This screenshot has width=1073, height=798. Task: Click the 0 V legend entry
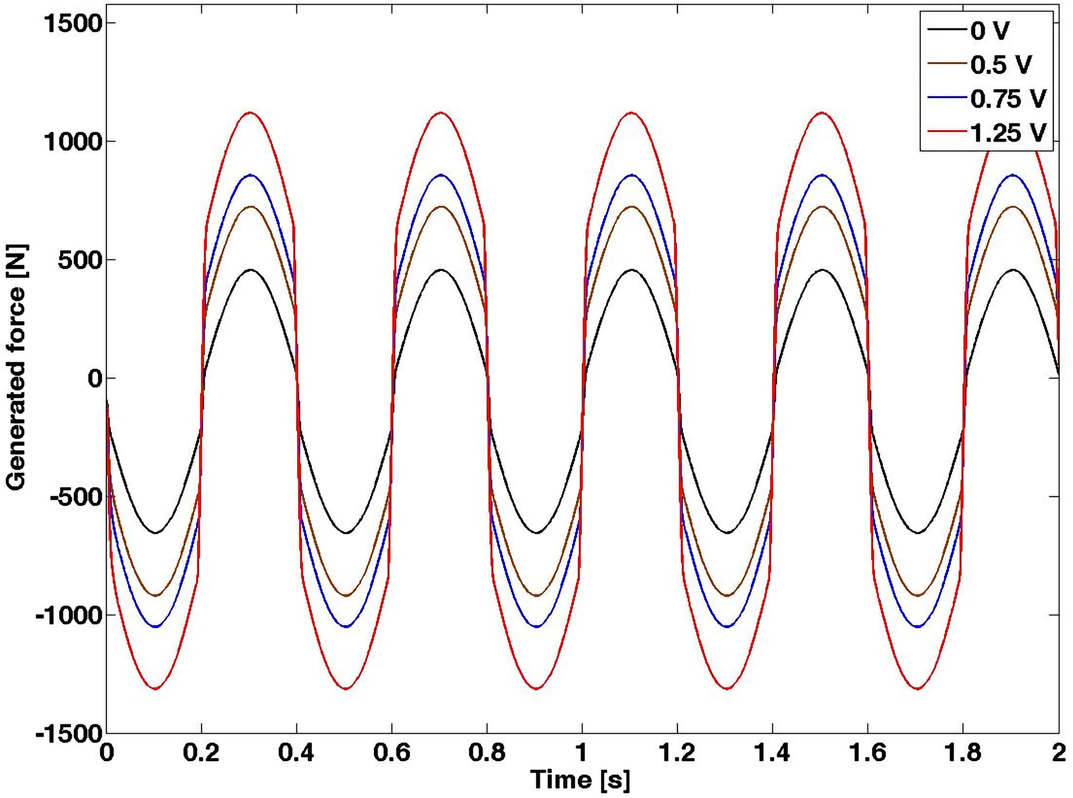click(x=989, y=31)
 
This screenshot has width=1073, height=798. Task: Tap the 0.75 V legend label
click(x=1008, y=99)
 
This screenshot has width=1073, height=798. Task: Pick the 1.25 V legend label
click(x=1008, y=133)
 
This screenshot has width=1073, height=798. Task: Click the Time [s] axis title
click(x=580, y=780)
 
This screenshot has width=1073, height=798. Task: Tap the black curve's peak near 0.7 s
click(x=441, y=270)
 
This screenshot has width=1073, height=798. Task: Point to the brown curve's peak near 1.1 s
click(x=631, y=207)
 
